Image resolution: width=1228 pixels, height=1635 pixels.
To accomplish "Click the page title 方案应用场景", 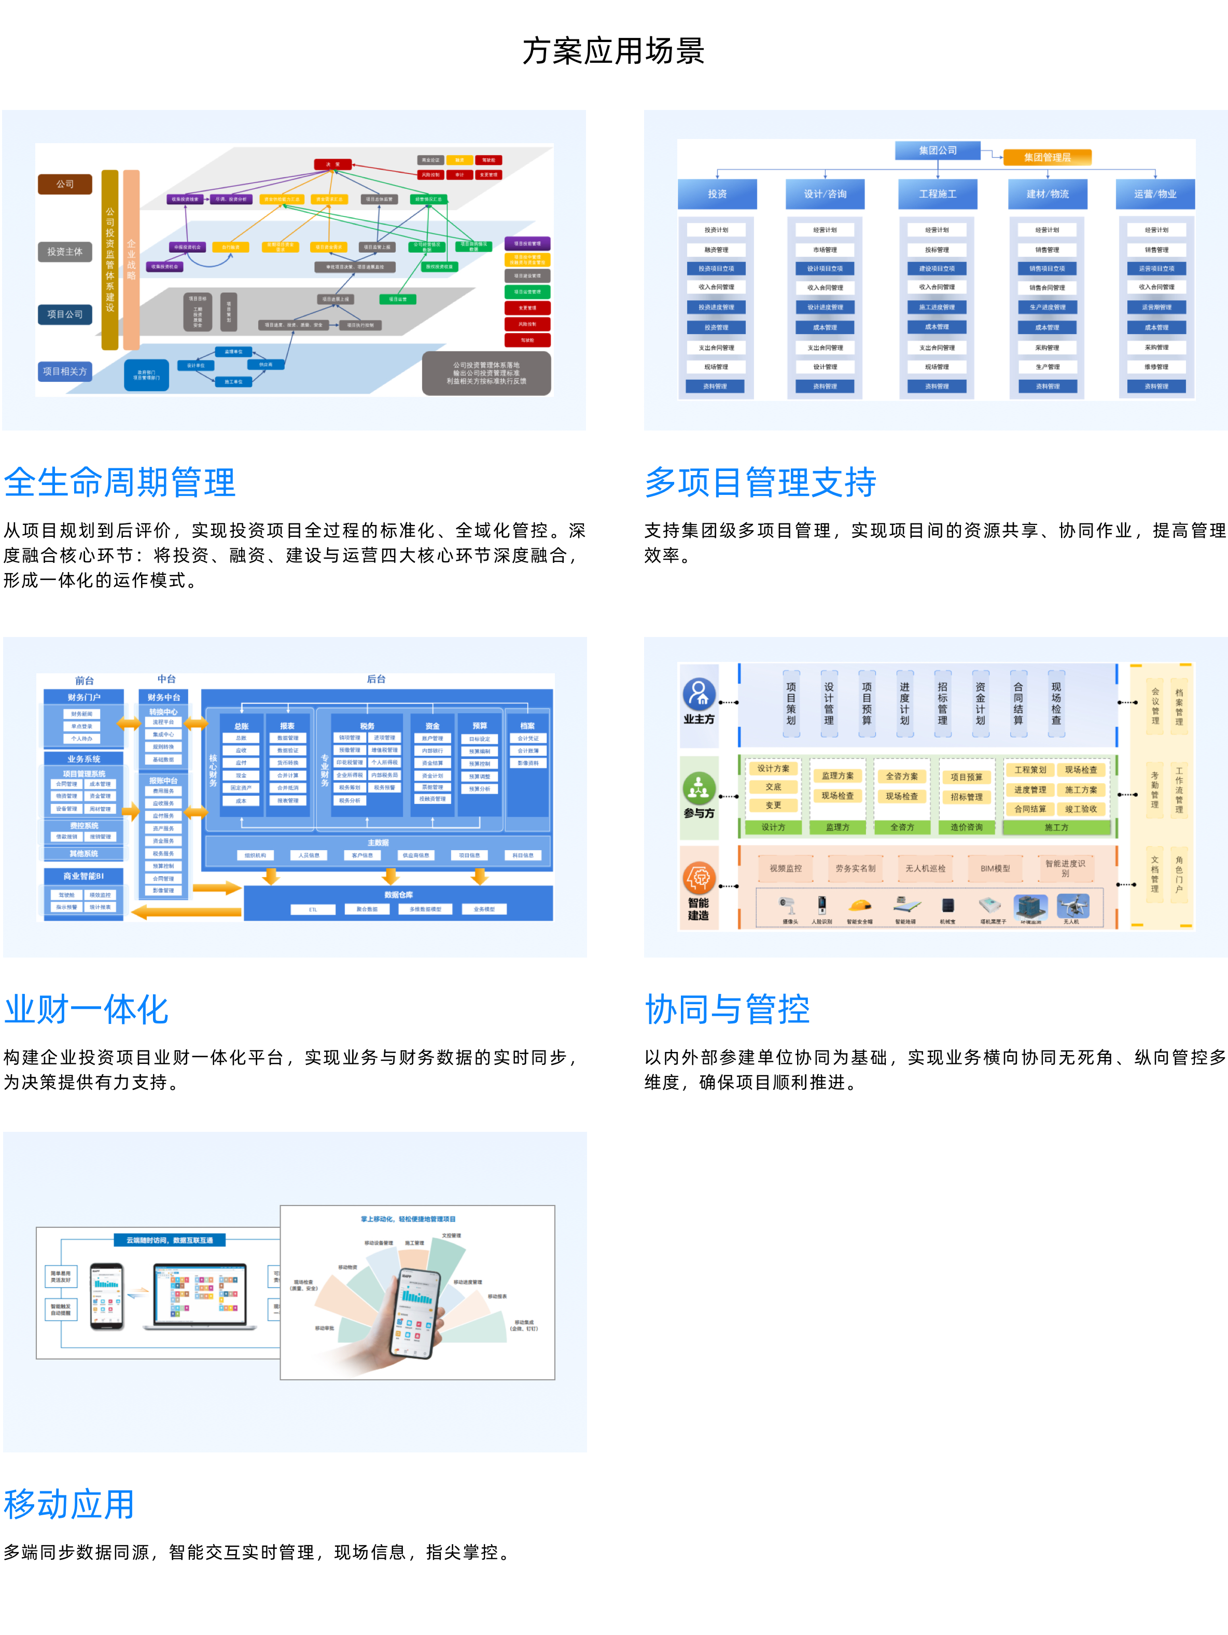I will (613, 51).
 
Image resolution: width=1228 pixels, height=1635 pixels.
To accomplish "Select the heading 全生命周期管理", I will (120, 482).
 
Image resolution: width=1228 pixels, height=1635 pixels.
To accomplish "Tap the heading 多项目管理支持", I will (760, 482).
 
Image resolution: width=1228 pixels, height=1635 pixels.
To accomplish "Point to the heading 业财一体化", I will (87, 1009).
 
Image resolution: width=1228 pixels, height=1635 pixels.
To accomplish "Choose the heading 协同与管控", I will (727, 1009).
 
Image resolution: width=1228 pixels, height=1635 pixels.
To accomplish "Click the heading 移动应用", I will (69, 1505).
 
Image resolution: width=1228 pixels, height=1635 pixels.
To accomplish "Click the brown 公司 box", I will (65, 184).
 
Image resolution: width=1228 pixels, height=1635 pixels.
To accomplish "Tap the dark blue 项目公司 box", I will (65, 314).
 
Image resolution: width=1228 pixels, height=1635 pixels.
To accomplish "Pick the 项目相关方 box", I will (65, 371).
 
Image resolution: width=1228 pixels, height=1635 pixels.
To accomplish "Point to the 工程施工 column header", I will (938, 193).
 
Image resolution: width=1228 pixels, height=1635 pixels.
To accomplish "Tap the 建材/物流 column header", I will (1047, 193).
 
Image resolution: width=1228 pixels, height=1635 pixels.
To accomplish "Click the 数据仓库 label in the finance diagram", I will (398, 894).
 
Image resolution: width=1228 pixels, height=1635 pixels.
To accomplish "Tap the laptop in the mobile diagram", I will (200, 1296).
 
